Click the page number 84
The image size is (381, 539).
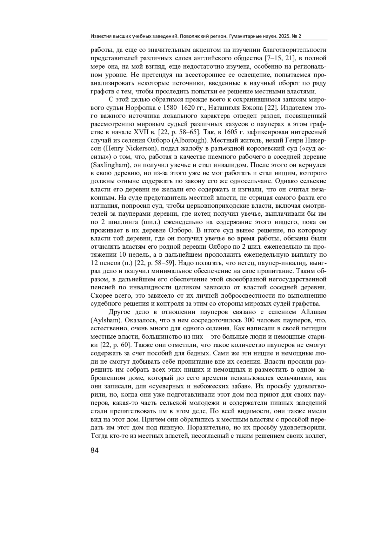click(x=95, y=450)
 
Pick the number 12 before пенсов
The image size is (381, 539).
click(x=94, y=263)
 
